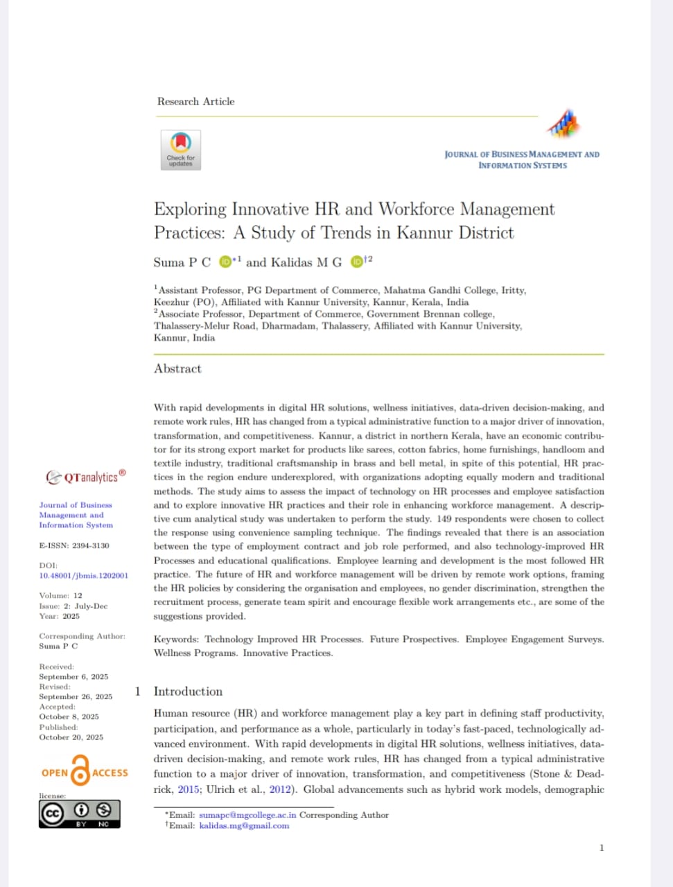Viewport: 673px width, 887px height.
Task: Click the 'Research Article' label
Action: (195, 101)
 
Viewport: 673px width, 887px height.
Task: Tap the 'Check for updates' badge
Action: (181, 150)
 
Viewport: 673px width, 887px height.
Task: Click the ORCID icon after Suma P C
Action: (225, 262)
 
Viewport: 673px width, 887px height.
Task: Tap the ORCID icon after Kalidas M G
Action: (356, 262)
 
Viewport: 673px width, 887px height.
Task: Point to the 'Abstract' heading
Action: (177, 369)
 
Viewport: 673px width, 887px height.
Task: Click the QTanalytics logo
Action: (86, 477)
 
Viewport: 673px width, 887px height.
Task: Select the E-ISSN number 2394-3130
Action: (91, 545)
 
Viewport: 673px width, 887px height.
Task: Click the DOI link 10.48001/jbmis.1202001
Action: (83, 575)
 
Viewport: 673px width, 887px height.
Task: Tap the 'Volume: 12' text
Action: (60, 595)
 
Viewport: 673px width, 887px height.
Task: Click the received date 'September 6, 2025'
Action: (73, 676)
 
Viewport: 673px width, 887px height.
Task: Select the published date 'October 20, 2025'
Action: (71, 737)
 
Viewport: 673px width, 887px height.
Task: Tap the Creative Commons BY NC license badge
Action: (79, 814)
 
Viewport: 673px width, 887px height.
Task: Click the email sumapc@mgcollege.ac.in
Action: (247, 815)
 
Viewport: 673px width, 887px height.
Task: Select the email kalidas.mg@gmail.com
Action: (244, 825)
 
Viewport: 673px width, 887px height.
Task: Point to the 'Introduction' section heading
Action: (188, 691)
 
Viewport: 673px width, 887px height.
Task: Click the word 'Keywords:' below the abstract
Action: (176, 639)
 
